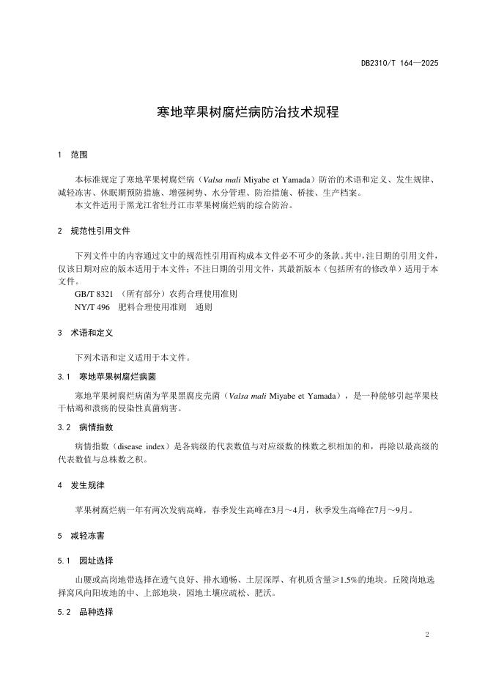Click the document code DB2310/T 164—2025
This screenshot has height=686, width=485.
[x=399, y=64]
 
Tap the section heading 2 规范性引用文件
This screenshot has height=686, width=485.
[x=94, y=231]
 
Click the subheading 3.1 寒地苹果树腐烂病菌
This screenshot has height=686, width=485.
[x=107, y=376]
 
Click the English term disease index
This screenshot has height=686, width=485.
[x=141, y=446]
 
